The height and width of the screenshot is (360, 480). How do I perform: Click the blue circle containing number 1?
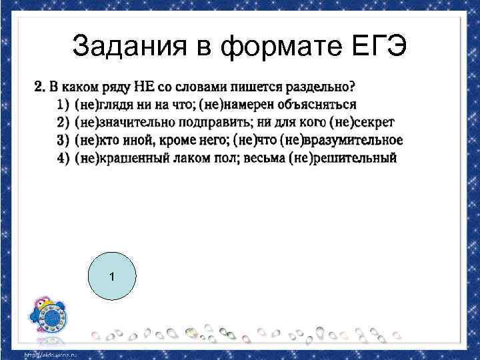point(112,277)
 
